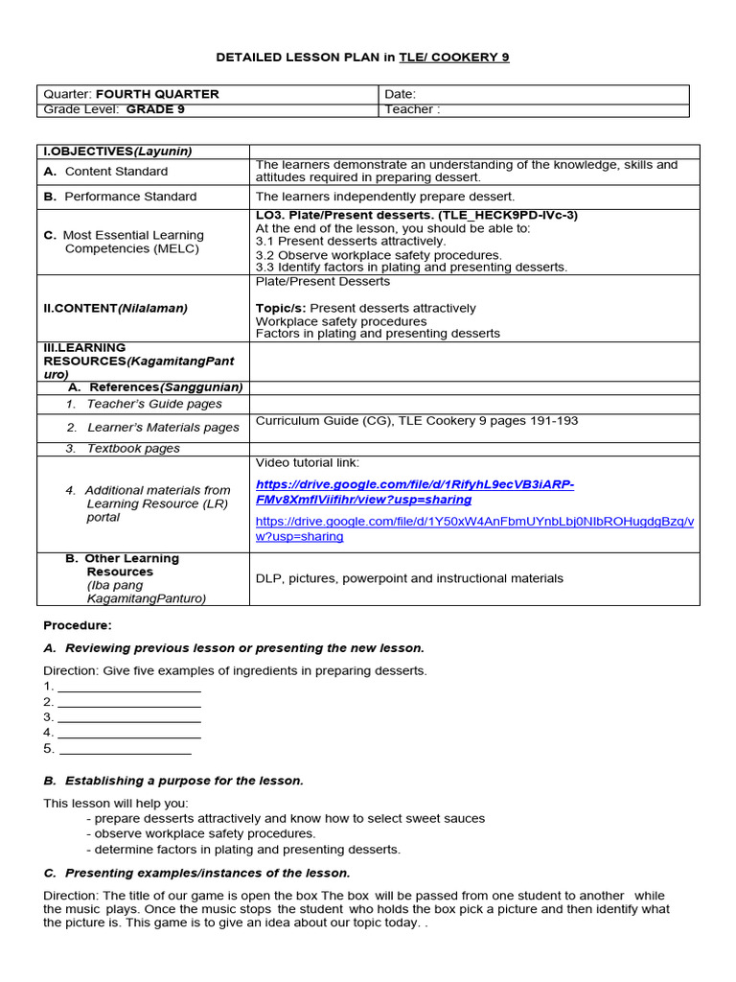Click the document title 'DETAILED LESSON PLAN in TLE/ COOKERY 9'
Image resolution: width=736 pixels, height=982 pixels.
[363, 58]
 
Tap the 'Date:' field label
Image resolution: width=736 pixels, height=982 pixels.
[401, 94]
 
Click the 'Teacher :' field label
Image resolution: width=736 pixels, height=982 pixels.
[412, 109]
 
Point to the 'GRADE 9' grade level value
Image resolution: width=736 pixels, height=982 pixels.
[156, 109]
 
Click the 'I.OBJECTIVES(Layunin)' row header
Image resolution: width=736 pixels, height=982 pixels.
[117, 152]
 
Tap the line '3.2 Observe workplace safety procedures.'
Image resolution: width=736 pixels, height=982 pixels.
[379, 255]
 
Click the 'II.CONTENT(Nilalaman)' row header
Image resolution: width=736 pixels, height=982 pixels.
[115, 308]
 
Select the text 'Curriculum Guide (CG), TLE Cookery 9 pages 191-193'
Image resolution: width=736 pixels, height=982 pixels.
[417, 421]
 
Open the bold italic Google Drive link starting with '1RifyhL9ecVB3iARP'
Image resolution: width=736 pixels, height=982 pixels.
[415, 492]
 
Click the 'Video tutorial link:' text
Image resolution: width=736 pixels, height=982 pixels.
[307, 463]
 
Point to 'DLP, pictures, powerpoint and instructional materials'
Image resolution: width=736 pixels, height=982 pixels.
[409, 578]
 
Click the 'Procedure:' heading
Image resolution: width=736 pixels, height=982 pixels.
[78, 625]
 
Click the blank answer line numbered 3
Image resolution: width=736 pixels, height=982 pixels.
[128, 717]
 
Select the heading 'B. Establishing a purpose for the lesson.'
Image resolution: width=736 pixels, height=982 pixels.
[173, 781]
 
